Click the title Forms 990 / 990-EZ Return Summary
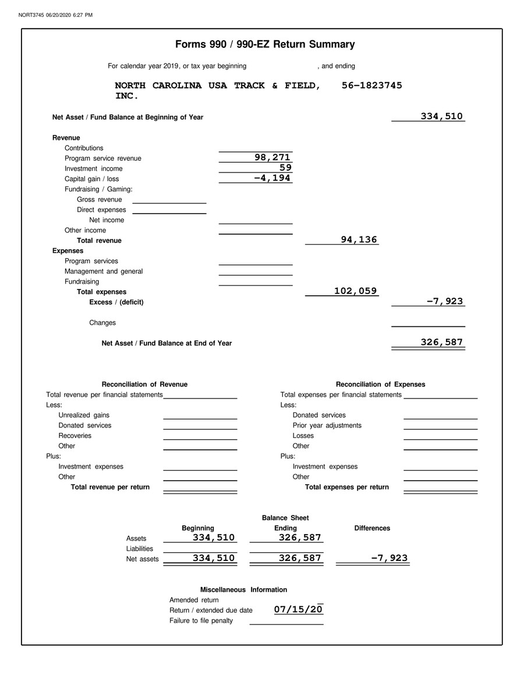click(x=265, y=44)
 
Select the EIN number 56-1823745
click(x=371, y=86)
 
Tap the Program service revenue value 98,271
click(x=272, y=158)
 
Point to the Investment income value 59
click(x=285, y=168)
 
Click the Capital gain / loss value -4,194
click(x=272, y=178)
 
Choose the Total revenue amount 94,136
click(x=359, y=239)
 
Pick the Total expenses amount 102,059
click(x=355, y=291)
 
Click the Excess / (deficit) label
click(x=116, y=302)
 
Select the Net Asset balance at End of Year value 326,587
click(x=442, y=342)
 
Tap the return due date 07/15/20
click(x=298, y=610)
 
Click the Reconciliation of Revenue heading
click(x=144, y=384)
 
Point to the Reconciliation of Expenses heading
click(x=380, y=384)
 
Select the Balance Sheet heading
click(x=285, y=518)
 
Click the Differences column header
click(x=372, y=528)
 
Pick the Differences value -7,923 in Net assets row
click(x=390, y=558)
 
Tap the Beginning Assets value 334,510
click(x=214, y=538)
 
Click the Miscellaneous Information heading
click(x=243, y=590)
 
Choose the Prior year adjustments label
click(x=327, y=426)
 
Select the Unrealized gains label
click(x=84, y=415)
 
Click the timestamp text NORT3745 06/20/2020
click(x=51, y=15)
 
